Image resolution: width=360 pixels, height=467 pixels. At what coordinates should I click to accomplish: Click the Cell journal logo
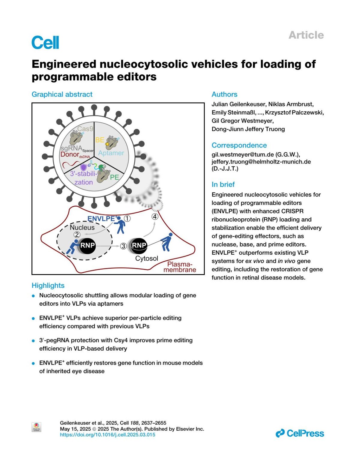pos(45,43)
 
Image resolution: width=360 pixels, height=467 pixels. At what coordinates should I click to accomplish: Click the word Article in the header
pos(306,35)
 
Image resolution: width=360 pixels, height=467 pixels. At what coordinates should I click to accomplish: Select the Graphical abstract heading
pos(62,94)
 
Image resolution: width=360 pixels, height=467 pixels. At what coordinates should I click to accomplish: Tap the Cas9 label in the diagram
pos(85,129)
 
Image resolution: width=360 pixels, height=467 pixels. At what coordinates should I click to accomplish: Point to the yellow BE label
pos(100,140)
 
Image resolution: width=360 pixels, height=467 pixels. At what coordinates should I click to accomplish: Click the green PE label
pos(114,177)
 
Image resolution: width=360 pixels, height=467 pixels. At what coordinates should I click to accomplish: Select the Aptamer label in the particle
pos(111,153)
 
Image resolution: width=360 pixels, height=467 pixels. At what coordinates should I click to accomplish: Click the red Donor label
pos(70,154)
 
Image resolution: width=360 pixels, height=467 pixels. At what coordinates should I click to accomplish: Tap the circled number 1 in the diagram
pos(127,218)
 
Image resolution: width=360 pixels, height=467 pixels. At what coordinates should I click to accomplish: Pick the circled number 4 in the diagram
pos(155,216)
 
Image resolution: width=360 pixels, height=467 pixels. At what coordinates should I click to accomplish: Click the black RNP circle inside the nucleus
pos(87,245)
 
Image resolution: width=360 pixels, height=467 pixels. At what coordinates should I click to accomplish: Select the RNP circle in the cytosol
pos(139,245)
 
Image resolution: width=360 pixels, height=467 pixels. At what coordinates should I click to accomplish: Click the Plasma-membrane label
pos(180,267)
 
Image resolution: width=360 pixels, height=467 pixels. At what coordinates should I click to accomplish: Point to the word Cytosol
pos(146,259)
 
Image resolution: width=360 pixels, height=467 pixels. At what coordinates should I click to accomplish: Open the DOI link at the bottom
pos(107,435)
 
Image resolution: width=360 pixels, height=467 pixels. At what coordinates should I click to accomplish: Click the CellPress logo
pos(300,433)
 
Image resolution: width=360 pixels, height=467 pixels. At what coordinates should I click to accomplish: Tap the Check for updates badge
pos(36,427)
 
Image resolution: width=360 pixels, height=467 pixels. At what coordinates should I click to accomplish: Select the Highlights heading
pos(48,286)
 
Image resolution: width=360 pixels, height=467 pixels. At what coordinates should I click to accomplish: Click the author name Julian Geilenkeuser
pos(238,104)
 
